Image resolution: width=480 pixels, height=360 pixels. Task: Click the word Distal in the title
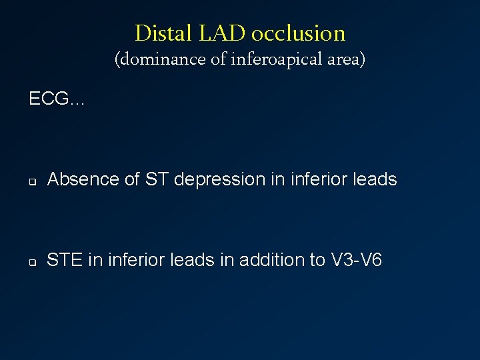coord(155,33)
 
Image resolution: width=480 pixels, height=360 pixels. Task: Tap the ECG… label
coord(57,99)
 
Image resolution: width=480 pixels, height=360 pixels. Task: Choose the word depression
coord(196,179)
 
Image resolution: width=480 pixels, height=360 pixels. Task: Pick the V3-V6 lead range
coord(357,259)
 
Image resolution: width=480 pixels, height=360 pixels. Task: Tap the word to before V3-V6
coord(317,259)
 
